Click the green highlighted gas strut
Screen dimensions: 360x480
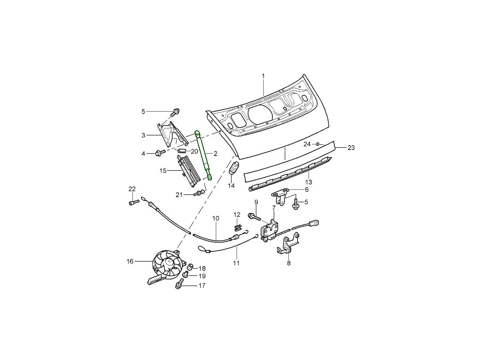coord(204,154)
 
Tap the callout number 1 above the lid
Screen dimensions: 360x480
coord(263,76)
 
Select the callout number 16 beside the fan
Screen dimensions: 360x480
coord(130,261)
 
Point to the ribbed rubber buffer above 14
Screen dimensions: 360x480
coord(233,170)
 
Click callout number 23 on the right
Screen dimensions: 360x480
coord(351,148)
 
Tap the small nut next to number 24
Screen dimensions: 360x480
coord(317,144)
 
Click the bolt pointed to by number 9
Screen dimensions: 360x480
coord(254,217)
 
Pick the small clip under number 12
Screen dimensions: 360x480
coord(238,227)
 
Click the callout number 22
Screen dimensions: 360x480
coord(132,189)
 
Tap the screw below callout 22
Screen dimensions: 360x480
coord(132,203)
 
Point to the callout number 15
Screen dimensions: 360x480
coord(163,171)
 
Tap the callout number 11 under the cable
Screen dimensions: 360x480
coord(236,263)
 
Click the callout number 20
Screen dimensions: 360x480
coord(194,152)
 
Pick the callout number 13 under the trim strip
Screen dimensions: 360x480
coord(309,182)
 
